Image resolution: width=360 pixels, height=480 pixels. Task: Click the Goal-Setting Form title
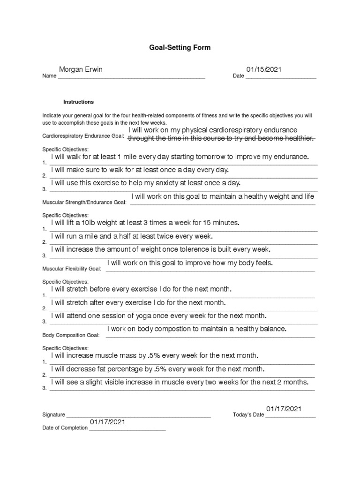[x=180, y=48]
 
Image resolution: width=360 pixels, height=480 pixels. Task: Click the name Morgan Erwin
[x=81, y=69]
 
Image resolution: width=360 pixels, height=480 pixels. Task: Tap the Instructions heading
[x=79, y=102]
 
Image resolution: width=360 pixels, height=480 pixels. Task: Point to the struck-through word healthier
[x=297, y=138]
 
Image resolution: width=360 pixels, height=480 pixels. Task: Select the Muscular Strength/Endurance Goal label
[x=84, y=202]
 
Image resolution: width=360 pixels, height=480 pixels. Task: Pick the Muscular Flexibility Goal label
[x=72, y=269]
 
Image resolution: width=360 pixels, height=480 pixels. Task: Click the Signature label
[x=53, y=415]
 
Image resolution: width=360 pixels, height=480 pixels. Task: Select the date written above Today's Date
[x=284, y=409]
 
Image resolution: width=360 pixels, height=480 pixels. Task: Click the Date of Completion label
[x=65, y=427]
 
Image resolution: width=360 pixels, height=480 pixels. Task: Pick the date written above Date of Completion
[x=108, y=422]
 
